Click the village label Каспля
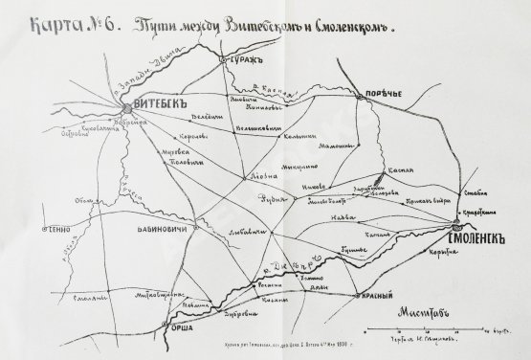pos(398,169)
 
